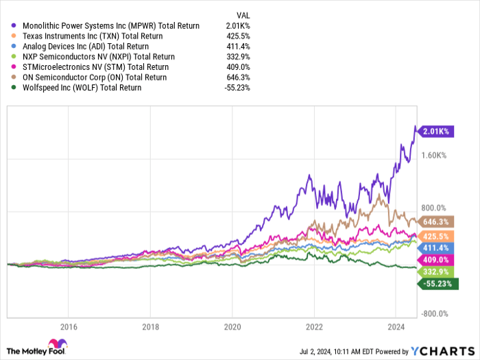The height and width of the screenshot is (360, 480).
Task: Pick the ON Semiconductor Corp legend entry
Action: pyautogui.click(x=93, y=77)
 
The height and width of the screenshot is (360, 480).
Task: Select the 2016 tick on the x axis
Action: pyautogui.click(x=68, y=326)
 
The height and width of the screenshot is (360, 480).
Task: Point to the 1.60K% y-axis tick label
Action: pyautogui.click(x=434, y=156)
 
